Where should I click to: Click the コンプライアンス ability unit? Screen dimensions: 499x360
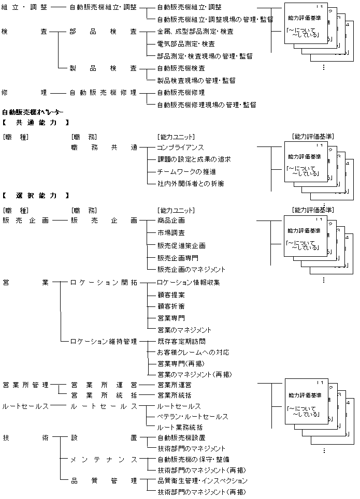[x=180, y=148]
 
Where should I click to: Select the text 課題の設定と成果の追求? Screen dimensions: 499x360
[x=194, y=159]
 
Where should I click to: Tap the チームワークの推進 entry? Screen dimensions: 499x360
[x=186, y=171]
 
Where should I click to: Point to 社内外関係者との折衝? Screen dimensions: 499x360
[x=190, y=184]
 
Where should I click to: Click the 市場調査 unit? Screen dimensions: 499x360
[x=171, y=232]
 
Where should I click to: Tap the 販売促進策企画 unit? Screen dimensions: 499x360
[x=181, y=245]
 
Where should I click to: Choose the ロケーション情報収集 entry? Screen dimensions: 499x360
[x=189, y=283]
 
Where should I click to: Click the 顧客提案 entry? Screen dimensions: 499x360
[x=171, y=295]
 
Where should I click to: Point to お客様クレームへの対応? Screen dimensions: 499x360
[x=193, y=353]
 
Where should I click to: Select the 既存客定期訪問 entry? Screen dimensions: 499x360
[x=181, y=342]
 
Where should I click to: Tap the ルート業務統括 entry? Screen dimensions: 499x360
[x=180, y=428]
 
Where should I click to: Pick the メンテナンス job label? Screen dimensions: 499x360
[x=104, y=460]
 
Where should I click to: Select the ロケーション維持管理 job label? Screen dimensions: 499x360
[x=103, y=342]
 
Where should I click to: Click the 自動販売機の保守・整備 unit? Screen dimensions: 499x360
[x=193, y=459]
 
